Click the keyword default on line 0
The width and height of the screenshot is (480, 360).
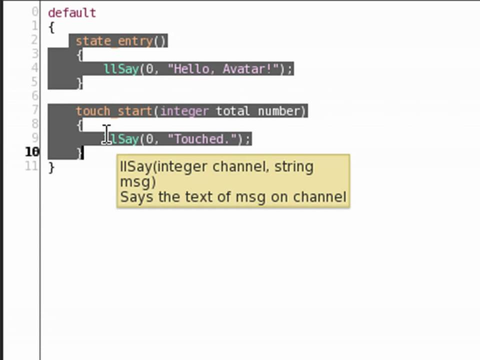click(x=71, y=13)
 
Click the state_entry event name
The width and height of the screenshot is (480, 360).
click(x=114, y=41)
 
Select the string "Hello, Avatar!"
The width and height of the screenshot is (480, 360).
click(x=223, y=69)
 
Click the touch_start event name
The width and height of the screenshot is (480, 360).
click(x=114, y=111)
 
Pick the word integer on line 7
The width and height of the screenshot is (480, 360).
click(x=184, y=111)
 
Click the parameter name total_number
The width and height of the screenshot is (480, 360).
click(x=260, y=111)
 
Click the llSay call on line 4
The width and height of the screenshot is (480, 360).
click(x=121, y=69)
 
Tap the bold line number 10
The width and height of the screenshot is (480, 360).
click(x=32, y=152)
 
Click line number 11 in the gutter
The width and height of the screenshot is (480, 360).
click(x=32, y=166)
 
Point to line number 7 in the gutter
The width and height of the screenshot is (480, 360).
click(x=34, y=110)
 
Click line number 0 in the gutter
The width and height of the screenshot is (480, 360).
click(x=34, y=12)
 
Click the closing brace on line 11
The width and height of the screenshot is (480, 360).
click(x=51, y=167)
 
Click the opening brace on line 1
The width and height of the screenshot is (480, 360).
click(x=51, y=27)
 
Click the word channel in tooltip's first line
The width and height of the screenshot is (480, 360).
click(x=241, y=167)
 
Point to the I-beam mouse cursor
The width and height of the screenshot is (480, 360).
click(x=106, y=134)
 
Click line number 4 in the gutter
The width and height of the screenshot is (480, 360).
click(x=34, y=68)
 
